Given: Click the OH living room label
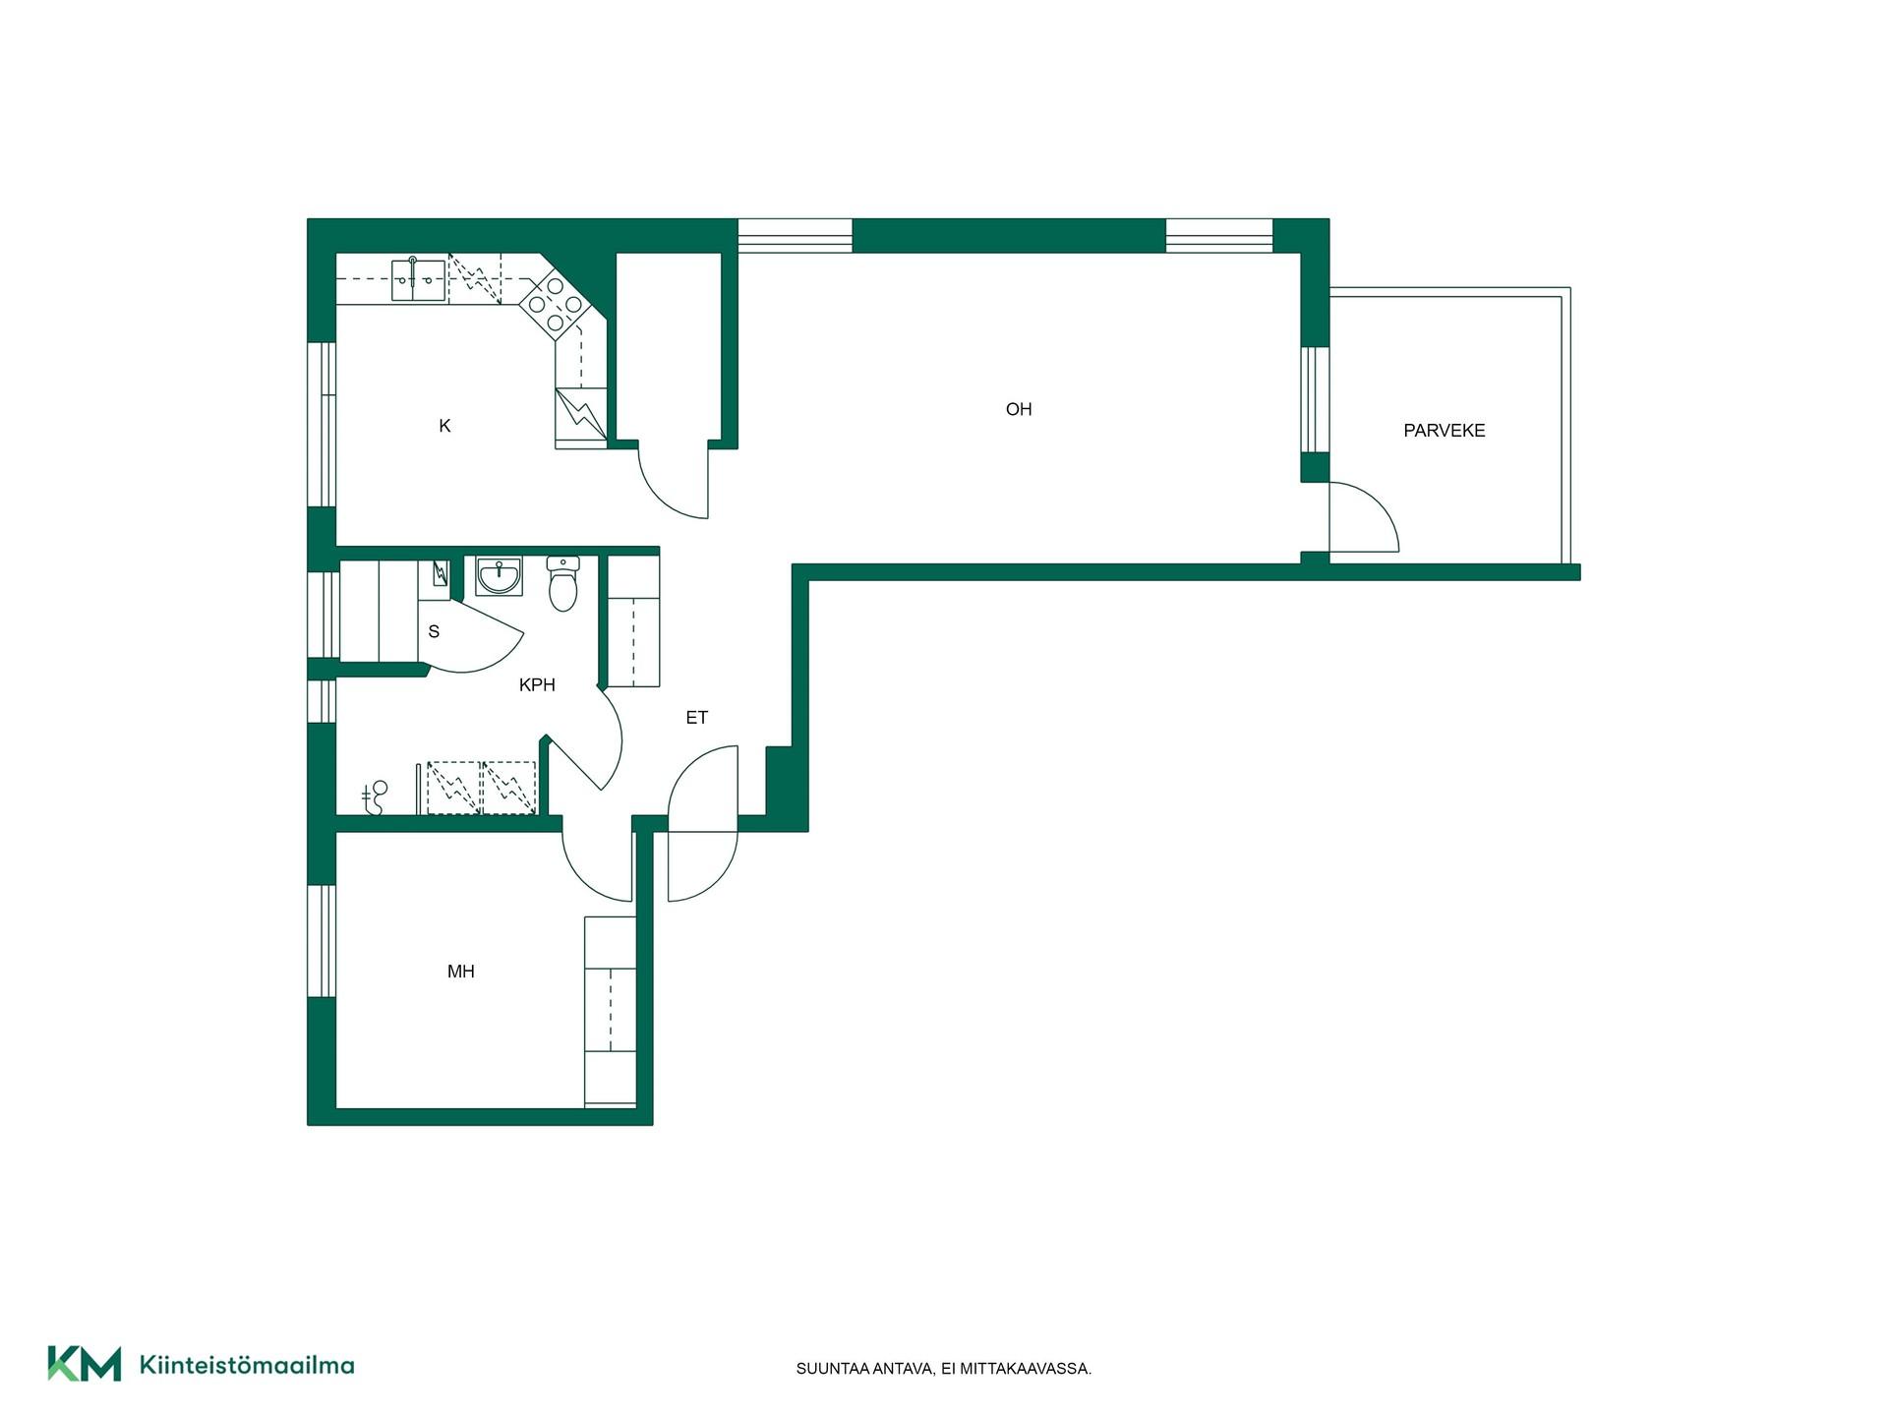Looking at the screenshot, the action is point(1019,409).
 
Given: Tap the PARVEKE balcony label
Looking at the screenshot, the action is point(1444,431).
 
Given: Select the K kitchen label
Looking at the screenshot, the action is point(444,426).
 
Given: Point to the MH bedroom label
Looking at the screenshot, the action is point(461,972).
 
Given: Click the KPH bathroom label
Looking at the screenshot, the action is point(537,685).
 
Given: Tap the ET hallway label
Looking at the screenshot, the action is point(697,718).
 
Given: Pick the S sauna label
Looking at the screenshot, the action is point(434,631).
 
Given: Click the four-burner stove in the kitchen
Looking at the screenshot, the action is point(555,304).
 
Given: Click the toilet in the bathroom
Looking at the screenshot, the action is point(563,583).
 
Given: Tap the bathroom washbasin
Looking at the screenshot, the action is point(500,576).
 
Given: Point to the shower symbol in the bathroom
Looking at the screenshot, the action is point(375,797).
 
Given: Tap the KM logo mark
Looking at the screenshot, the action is point(85,1364).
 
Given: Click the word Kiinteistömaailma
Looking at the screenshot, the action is point(247,1365).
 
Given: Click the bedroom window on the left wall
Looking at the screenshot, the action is point(322,941).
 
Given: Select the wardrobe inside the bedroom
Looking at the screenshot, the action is point(611,1012).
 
